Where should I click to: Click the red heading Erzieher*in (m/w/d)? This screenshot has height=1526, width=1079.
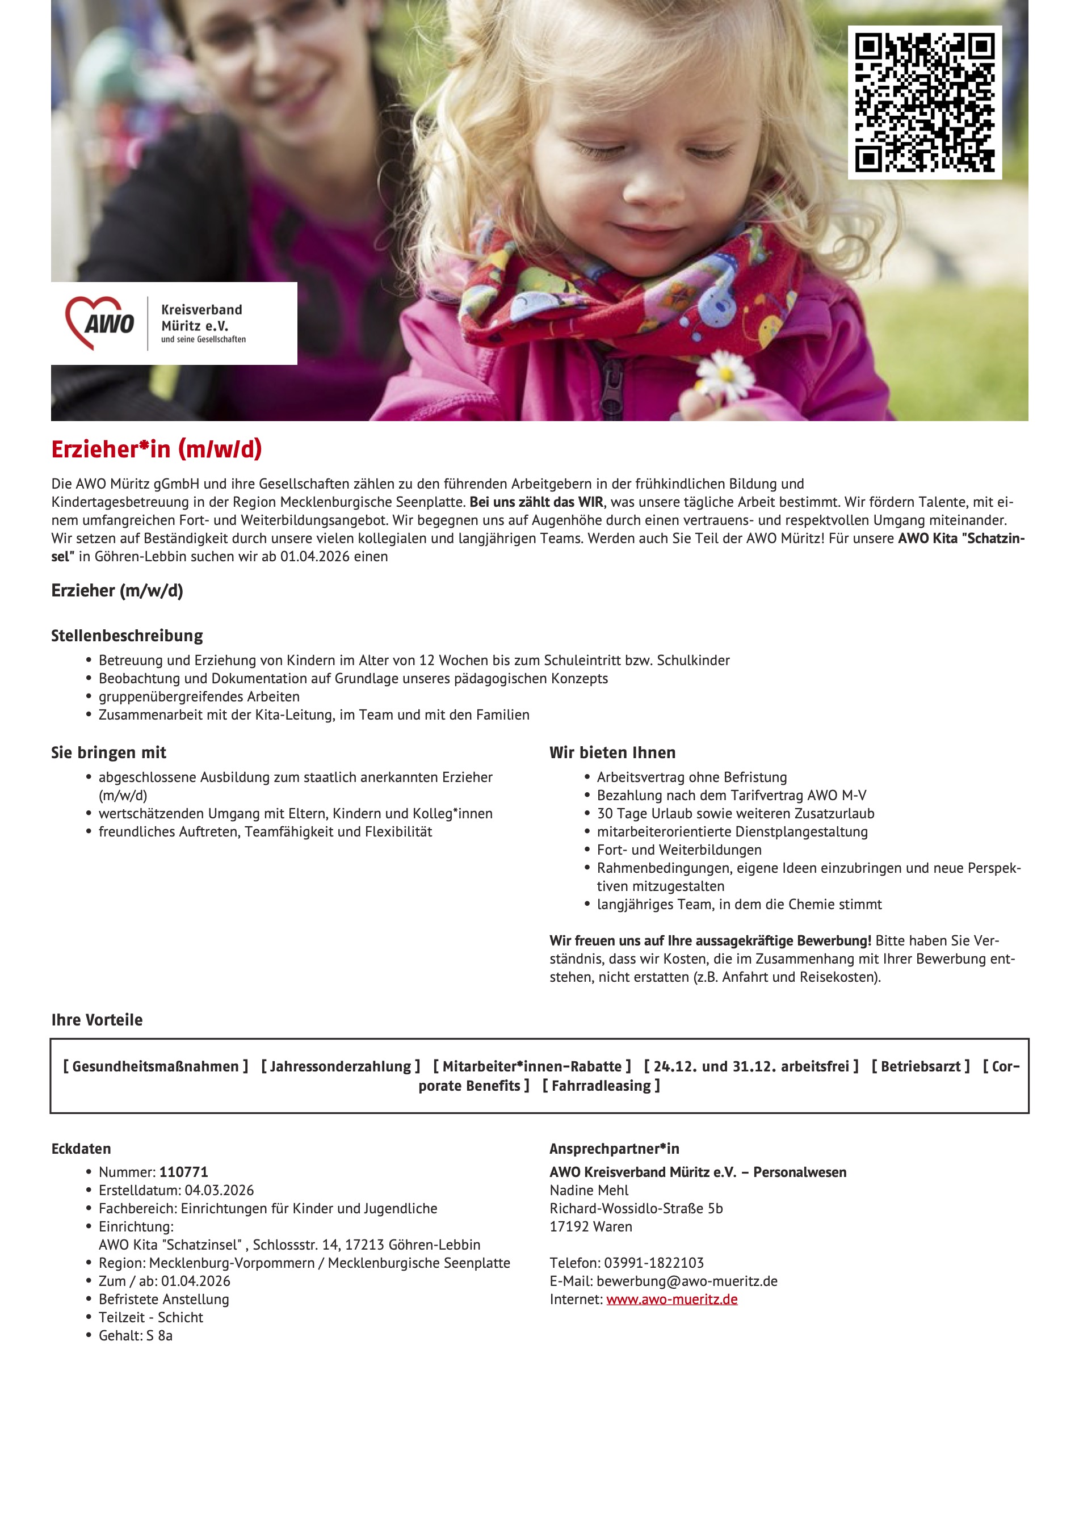point(157,449)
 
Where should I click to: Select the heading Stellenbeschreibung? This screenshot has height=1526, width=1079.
point(127,636)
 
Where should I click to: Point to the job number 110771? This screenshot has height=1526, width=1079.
point(183,1172)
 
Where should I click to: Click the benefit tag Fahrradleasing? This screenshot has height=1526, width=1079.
point(601,1086)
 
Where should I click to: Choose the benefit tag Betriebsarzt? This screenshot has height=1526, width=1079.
point(920,1066)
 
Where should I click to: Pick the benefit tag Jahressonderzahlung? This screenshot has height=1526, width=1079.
point(341,1066)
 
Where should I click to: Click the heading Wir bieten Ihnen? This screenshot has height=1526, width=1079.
point(612,753)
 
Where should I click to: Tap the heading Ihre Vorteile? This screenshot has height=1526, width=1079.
point(97,1020)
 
